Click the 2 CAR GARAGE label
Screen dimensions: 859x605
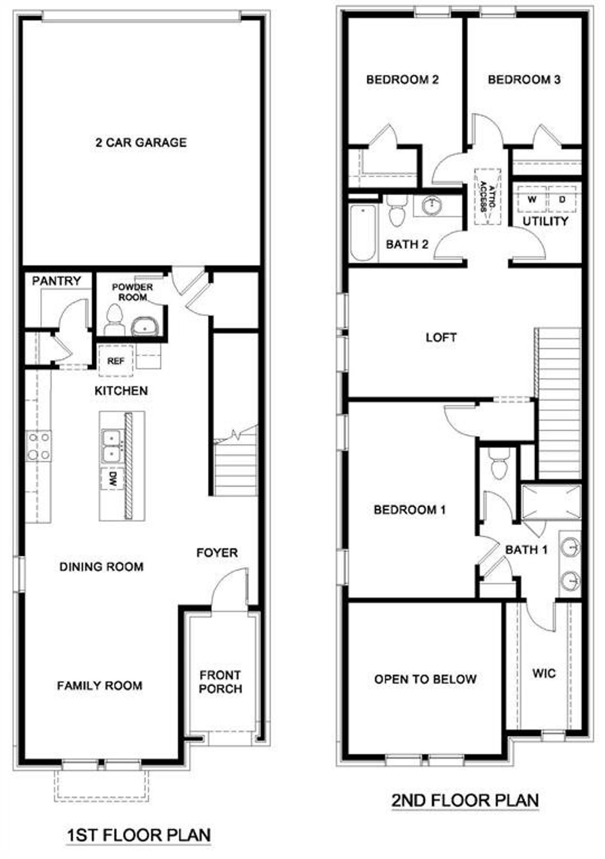(141, 142)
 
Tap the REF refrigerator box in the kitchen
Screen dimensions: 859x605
(115, 361)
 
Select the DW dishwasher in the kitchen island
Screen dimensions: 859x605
(112, 479)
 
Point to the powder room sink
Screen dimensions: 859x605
(145, 326)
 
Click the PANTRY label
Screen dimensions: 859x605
(56, 281)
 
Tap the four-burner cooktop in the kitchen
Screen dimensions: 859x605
(39, 446)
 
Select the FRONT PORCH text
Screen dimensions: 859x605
(220, 682)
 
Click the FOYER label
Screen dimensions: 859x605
(217, 553)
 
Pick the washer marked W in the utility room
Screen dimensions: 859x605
(532, 200)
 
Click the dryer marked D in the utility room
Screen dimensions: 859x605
(562, 200)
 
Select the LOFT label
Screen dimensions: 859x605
(441, 338)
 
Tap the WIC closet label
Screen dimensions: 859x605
(544, 673)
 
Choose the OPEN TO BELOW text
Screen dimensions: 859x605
(425, 679)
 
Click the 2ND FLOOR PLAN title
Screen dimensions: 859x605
(465, 800)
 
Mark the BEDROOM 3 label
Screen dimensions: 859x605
(524, 79)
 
